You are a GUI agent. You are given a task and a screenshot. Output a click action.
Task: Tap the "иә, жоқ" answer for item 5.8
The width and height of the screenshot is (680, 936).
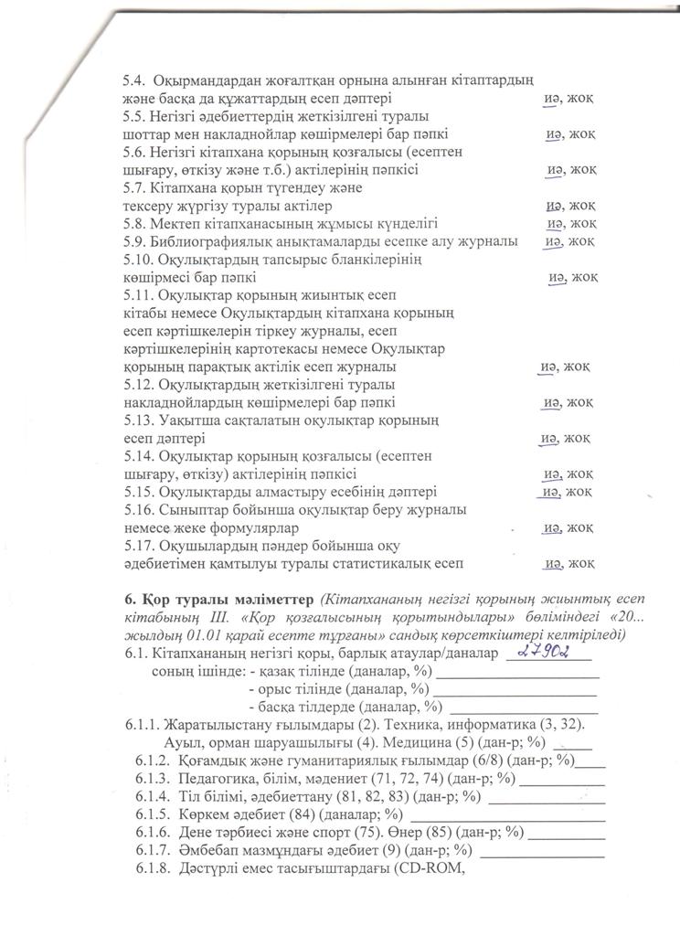[x=571, y=223]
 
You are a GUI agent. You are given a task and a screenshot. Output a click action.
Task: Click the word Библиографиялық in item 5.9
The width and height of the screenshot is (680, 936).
[x=213, y=241]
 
